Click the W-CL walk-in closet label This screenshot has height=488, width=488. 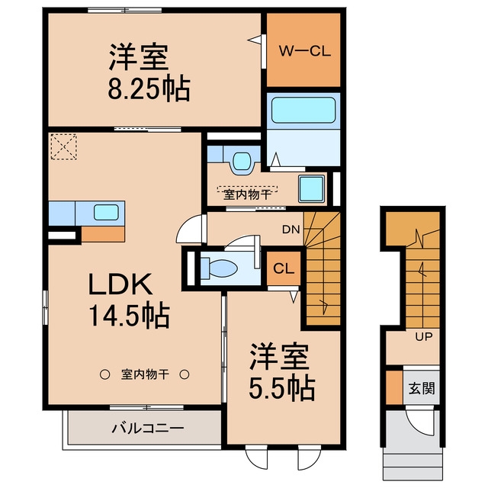[304, 51]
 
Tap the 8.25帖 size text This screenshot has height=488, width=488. [149, 88]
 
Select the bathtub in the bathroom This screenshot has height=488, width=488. [303, 110]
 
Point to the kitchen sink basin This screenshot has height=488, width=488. [106, 212]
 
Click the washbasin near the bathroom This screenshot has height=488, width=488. [242, 161]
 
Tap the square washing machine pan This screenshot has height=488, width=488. [312, 188]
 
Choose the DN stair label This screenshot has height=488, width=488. [291, 230]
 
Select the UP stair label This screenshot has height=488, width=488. [424, 336]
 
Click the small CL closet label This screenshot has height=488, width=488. [284, 268]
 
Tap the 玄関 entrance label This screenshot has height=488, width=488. [422, 388]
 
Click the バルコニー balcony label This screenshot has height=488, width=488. [148, 429]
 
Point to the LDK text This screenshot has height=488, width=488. [120, 284]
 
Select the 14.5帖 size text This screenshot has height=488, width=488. [130, 315]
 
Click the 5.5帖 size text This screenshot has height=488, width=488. [282, 388]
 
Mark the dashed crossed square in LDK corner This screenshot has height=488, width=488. [64, 146]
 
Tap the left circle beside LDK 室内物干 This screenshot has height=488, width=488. [104, 374]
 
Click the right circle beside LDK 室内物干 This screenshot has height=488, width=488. [185, 374]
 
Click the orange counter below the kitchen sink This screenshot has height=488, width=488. [103, 234]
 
